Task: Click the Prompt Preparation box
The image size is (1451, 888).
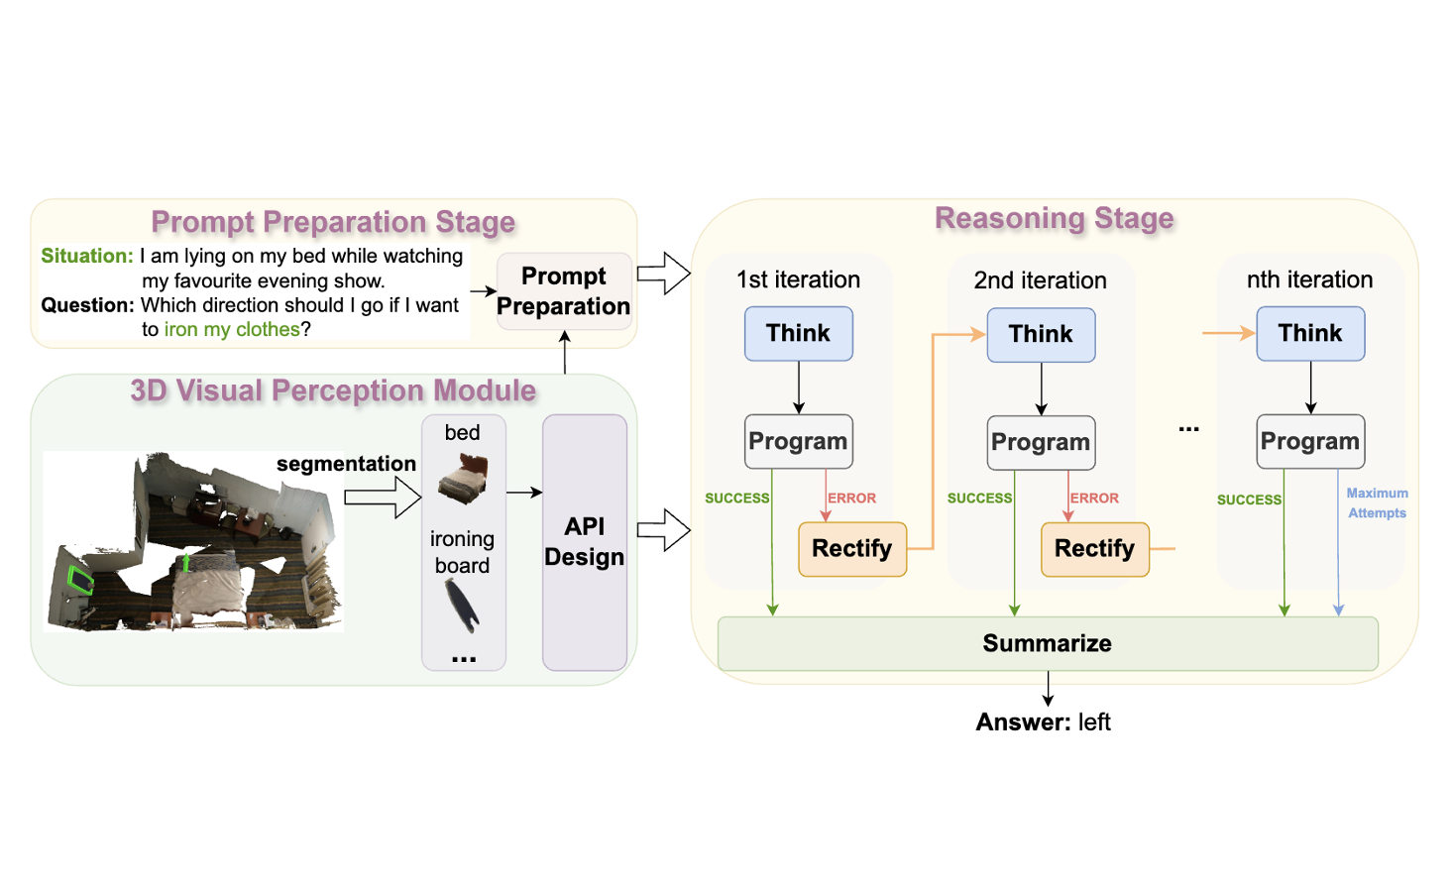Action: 564,290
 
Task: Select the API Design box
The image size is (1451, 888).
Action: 585,542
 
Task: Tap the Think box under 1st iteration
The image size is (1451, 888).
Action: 798,334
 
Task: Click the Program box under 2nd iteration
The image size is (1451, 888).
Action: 1041,442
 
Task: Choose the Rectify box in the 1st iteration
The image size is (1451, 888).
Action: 852,549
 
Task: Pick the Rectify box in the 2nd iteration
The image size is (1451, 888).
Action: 1095,549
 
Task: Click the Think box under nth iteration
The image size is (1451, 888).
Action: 1310,334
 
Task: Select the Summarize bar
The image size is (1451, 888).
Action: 1048,643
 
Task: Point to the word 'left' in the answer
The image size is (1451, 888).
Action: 1094,721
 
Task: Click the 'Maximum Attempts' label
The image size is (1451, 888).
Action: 1377,502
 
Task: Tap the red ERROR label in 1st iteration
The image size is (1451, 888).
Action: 851,499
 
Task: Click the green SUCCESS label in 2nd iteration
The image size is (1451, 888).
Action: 979,499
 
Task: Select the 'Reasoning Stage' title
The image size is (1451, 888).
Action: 1054,218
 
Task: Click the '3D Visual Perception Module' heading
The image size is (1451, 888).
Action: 333,390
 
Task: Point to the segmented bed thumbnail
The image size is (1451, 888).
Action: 463,478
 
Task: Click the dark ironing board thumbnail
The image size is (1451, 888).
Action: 462,606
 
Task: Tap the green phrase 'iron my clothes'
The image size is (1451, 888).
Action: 232,329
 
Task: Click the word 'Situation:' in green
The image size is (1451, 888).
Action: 87,256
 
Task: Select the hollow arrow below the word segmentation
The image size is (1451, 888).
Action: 383,498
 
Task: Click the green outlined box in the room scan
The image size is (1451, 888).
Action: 81,580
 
